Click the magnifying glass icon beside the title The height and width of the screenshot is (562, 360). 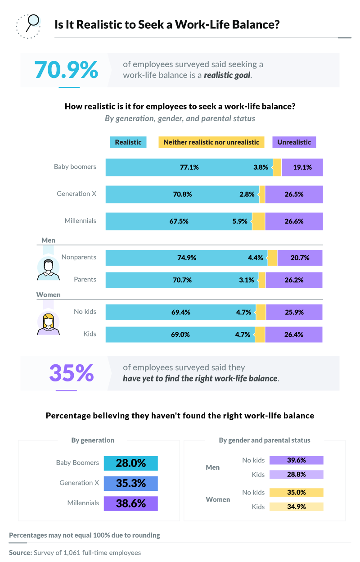[28, 25]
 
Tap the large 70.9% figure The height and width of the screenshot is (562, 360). [66, 69]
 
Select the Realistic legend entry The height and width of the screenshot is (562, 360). [128, 142]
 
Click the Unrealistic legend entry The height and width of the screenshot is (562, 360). [294, 142]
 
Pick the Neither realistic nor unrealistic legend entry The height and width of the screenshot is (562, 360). [211, 142]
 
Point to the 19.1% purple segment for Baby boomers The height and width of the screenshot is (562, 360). [302, 167]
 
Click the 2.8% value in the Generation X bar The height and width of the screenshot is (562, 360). [247, 194]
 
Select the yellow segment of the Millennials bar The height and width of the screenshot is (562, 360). [258, 221]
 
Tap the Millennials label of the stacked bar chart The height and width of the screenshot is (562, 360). [80, 221]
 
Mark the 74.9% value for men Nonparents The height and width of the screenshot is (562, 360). [187, 258]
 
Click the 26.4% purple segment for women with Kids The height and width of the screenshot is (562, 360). [293, 335]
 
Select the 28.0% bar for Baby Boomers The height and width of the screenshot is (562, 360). [130, 463]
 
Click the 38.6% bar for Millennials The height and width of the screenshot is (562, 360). [130, 503]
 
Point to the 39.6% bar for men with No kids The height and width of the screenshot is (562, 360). [296, 460]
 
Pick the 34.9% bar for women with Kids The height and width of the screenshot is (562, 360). [296, 507]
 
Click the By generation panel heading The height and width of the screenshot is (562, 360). [93, 440]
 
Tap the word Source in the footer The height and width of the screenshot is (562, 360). [20, 553]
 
